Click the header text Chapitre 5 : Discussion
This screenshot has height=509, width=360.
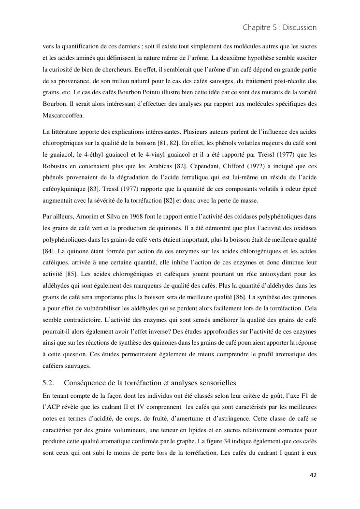pos(279,28)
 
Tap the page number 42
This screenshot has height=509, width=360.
pos(313,475)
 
